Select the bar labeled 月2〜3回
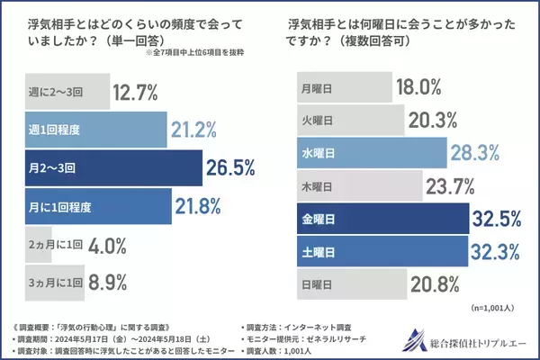103,167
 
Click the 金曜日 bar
379,217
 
